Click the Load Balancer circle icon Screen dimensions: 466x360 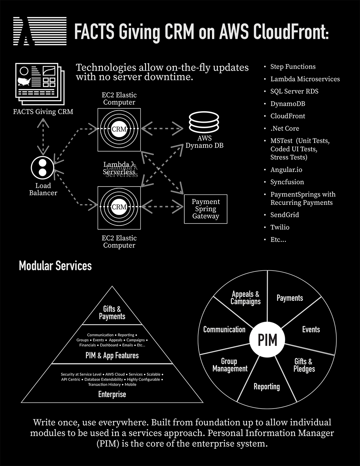tap(42, 167)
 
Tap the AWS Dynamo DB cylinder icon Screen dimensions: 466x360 tap(204, 122)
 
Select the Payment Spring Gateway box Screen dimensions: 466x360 tap(206, 209)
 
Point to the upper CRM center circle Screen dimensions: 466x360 tap(119, 129)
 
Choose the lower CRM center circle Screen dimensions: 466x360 tap(119, 207)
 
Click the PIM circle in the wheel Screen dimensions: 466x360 tap(267, 339)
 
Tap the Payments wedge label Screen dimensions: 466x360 tap(289, 298)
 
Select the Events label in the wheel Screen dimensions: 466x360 tap(311, 330)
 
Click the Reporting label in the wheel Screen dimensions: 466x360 tap(266, 386)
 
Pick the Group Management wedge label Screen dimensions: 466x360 tap(230, 365)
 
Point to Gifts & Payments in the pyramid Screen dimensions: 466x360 tap(112, 313)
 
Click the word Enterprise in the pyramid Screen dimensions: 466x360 tap(112, 394)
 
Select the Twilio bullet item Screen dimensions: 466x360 tap(280, 227)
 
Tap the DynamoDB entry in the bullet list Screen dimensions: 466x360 tap(288, 104)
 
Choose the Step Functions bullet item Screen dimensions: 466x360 tap(293, 67)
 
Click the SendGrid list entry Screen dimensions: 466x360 tap(284, 215)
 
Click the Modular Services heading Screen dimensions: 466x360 tap(55, 266)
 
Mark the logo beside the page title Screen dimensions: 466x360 tap(40, 31)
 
